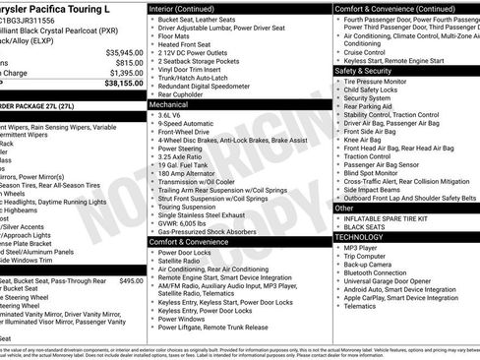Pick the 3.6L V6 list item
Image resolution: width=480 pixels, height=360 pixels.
[x=174, y=115]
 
